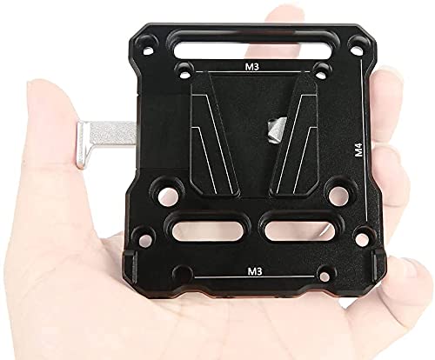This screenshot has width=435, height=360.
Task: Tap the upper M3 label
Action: [252, 67]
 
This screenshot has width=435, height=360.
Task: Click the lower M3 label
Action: [254, 271]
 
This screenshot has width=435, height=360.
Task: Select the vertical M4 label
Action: [359, 150]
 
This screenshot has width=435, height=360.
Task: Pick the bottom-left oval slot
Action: [207, 231]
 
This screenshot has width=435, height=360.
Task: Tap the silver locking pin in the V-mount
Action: [277, 130]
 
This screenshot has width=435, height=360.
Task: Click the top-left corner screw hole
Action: [148, 51]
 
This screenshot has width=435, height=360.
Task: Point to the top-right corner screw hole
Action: [357, 50]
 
